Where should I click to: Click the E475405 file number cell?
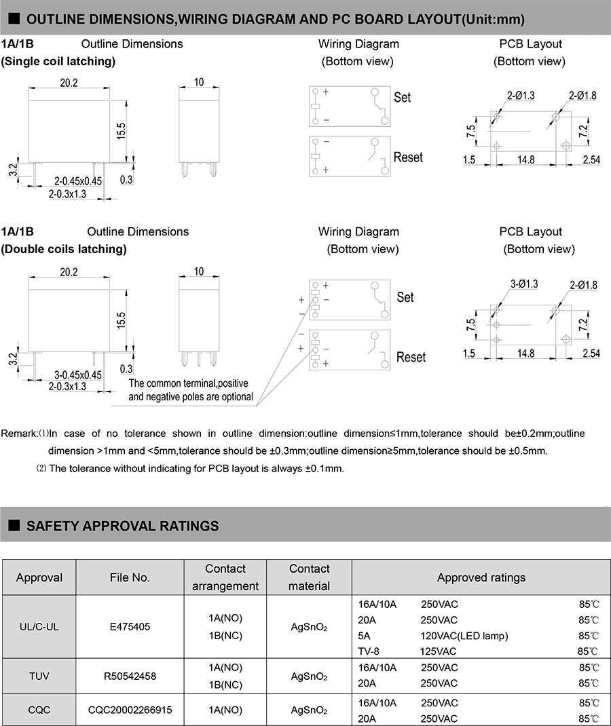click(130, 627)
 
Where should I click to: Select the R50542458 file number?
click(130, 676)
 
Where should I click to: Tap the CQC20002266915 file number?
click(130, 710)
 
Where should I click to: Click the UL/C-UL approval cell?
click(39, 627)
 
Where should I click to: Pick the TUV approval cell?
click(39, 676)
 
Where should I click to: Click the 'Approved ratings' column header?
click(481, 577)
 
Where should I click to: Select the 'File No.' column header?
click(130, 577)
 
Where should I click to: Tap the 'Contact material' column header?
click(309, 577)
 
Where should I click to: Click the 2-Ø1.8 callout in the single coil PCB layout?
click(582, 96)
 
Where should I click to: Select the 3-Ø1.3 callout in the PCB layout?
click(523, 284)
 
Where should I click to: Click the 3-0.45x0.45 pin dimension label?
click(77, 375)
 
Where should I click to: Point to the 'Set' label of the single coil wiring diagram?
click(403, 98)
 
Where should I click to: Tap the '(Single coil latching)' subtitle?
click(58, 62)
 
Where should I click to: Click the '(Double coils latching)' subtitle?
click(64, 249)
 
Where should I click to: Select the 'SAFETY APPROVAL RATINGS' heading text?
click(122, 526)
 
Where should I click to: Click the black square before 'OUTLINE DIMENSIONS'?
click(14, 19)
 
